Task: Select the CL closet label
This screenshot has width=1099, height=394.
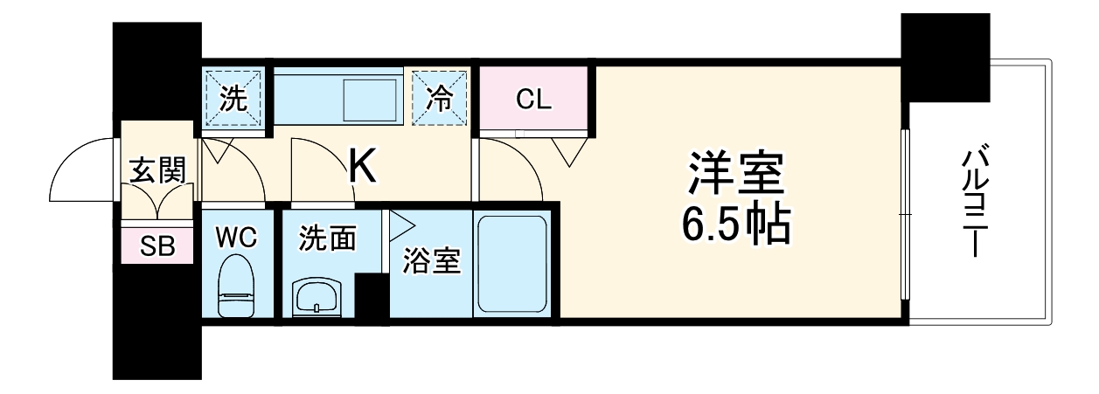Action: (x=533, y=100)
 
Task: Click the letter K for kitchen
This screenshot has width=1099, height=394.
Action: (x=363, y=168)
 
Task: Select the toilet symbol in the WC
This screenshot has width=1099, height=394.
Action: (x=237, y=287)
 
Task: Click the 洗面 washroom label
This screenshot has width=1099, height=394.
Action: (x=326, y=238)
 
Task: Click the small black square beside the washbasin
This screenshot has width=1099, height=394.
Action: (x=371, y=299)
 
